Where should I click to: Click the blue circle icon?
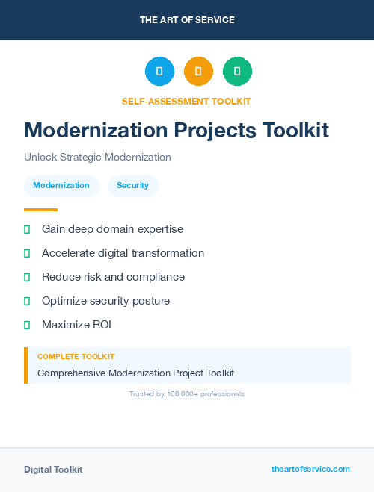[x=159, y=72]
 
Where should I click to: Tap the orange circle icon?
[x=198, y=72]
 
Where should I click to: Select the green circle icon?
[x=237, y=72]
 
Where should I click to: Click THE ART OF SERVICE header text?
[x=187, y=20]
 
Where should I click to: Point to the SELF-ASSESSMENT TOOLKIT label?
[x=186, y=101]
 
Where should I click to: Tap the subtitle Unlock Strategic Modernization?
[x=97, y=157]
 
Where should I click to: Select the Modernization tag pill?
[x=61, y=185]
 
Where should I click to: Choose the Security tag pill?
[x=132, y=185]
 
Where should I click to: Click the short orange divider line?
[x=40, y=210]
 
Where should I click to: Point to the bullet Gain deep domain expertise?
[x=112, y=229]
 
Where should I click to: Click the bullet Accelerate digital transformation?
[x=123, y=253]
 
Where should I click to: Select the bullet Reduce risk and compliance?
[x=113, y=277]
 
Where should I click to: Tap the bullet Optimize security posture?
[x=105, y=301]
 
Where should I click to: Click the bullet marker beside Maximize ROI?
[x=27, y=325]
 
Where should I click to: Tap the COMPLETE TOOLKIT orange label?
[x=76, y=357]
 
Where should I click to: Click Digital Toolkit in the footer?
[x=53, y=469]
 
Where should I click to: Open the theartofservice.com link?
[x=310, y=469]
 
